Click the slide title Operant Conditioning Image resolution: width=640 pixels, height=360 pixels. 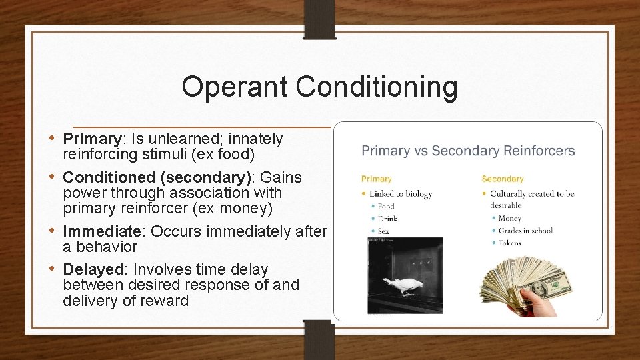pyautogui.click(x=319, y=87)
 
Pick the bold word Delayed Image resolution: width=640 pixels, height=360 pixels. pyautogui.click(x=93, y=270)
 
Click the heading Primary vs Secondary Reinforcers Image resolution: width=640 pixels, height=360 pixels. pyautogui.click(x=467, y=151)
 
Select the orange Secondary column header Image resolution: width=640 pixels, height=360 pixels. pyautogui.click(x=502, y=179)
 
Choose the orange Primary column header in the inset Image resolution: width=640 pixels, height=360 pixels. pyautogui.click(x=377, y=179)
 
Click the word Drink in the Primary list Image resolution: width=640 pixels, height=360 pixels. pyautogui.click(x=387, y=219)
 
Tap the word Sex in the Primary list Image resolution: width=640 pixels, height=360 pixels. pyautogui.click(x=383, y=231)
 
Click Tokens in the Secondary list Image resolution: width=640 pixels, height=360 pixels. pyautogui.click(x=510, y=243)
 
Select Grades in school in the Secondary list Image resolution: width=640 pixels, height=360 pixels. pyautogui.click(x=525, y=231)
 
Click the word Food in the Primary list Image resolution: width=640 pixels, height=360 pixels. pyautogui.click(x=386, y=207)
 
